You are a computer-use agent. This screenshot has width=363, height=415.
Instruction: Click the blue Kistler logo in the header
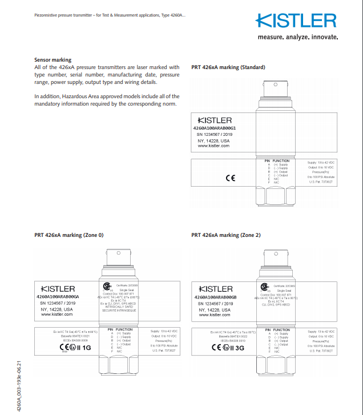(296, 22)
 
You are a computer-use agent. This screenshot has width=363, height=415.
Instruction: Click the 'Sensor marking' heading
(53, 60)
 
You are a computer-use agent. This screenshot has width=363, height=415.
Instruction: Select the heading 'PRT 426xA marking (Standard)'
(228, 67)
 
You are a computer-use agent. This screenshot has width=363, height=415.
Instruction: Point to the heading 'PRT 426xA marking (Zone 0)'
(69, 235)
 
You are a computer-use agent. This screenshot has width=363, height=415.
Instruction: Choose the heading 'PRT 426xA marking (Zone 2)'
(227, 235)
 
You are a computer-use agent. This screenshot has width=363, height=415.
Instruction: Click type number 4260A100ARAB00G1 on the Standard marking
(219, 128)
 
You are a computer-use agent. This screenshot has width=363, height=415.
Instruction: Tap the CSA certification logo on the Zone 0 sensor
(106, 287)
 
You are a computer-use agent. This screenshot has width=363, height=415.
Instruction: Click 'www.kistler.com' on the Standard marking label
(213, 146)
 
